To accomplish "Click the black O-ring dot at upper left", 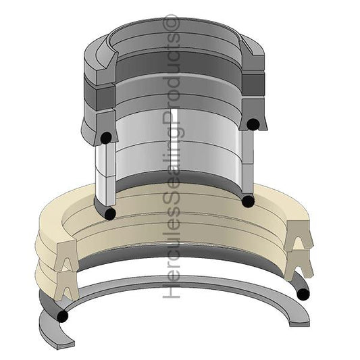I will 105,138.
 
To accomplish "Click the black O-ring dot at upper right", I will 252,124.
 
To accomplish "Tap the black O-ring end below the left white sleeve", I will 110,213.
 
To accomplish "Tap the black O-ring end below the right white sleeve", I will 248,201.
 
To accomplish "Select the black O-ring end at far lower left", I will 63,315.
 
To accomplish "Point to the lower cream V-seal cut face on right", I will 299,264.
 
